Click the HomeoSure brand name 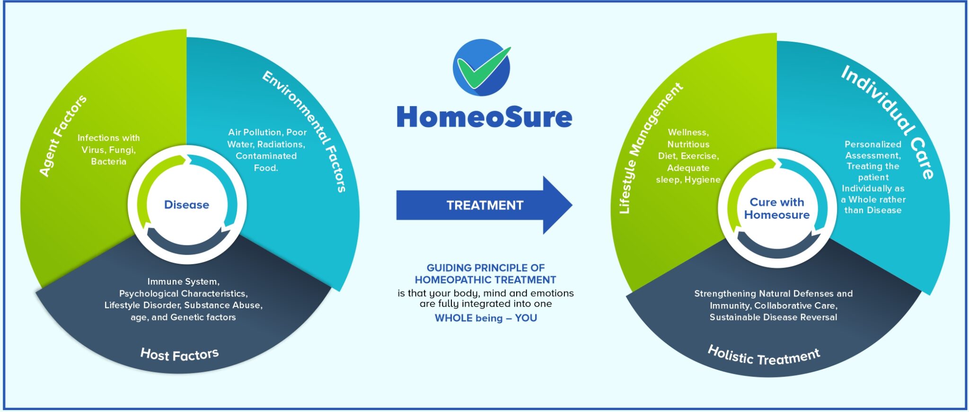pos(484,117)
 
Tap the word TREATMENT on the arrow pos(485,205)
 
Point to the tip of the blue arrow pos(573,205)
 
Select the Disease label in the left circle pos(186,205)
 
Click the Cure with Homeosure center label pos(776,208)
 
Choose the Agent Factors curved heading pos(63,135)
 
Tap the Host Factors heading pos(179,354)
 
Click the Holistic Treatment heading pos(764,356)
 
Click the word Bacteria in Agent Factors pos(108,161)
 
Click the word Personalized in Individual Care pos(873,144)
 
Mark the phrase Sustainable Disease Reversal pos(773,317)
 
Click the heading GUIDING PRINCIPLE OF pos(485,268)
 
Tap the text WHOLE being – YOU pos(486,318)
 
